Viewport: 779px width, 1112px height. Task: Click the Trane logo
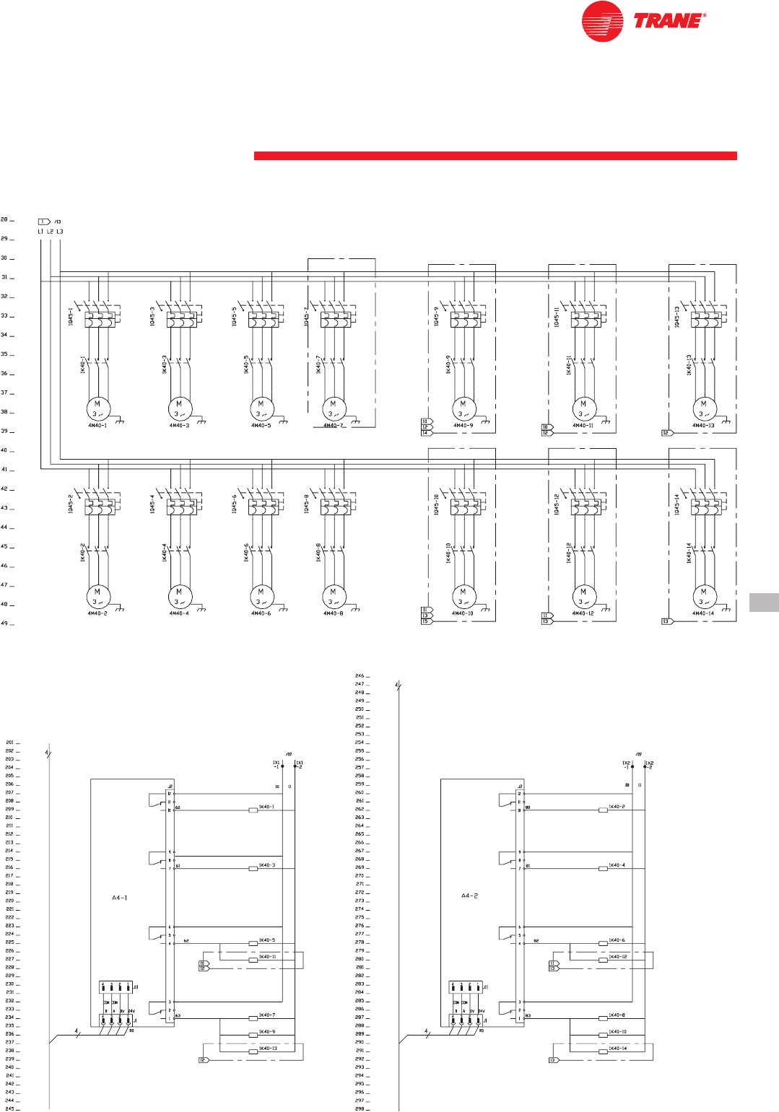tap(643, 21)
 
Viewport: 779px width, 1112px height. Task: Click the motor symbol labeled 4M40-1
tap(97, 408)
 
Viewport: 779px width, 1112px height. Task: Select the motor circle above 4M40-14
tap(703, 596)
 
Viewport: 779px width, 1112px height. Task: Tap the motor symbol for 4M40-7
tap(333, 408)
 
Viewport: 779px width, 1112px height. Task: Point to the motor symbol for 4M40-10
tap(463, 596)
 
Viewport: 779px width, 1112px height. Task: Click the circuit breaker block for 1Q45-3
tap(182, 319)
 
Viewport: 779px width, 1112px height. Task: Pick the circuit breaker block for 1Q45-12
tap(586, 507)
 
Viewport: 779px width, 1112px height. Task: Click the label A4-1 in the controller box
tap(120, 898)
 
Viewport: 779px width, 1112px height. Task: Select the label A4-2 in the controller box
tap(470, 896)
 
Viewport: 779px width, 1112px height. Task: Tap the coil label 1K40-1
tap(266, 807)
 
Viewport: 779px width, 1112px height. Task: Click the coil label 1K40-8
tap(617, 1015)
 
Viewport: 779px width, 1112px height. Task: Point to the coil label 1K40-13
tap(267, 1048)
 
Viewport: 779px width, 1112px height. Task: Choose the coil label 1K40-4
tap(617, 865)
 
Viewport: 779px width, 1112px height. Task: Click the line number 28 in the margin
tap(4, 219)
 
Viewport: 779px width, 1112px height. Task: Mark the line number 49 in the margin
tap(4, 623)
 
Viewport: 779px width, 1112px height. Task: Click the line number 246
tap(359, 676)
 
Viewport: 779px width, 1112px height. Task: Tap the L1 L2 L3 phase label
tap(50, 232)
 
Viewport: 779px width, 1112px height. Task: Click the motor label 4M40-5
tap(261, 426)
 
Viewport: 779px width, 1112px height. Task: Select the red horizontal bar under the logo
tap(495, 156)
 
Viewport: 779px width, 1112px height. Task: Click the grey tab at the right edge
tap(764, 602)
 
